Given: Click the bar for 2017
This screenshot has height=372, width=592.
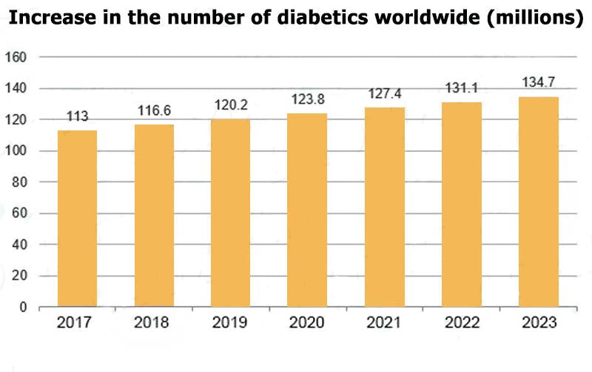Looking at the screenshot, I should point(77,219).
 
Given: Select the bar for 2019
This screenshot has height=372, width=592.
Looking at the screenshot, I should point(231,213).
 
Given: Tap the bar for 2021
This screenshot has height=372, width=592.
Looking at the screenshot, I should point(385,207).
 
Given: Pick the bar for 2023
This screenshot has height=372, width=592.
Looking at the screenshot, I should point(539,202).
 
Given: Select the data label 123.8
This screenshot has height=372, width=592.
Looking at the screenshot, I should point(308,99).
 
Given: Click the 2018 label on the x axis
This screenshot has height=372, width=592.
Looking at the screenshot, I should point(154,323).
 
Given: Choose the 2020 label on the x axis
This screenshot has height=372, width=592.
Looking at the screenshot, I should point(308,323).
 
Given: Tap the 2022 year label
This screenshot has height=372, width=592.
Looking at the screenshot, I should point(462,323).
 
